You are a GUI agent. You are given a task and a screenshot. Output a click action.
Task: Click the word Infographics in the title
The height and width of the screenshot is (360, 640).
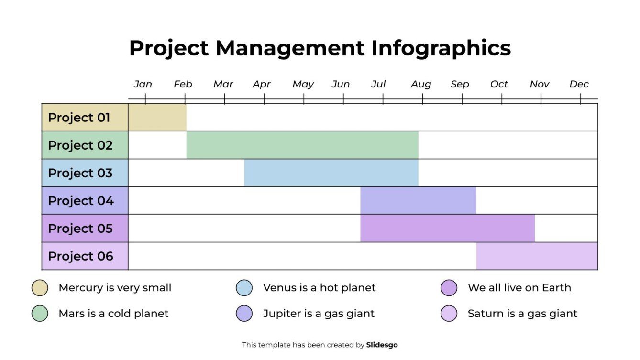click(441, 48)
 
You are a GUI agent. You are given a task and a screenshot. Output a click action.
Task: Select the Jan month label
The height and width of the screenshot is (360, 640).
click(143, 84)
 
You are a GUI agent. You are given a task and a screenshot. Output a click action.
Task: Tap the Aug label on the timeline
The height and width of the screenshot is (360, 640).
click(421, 84)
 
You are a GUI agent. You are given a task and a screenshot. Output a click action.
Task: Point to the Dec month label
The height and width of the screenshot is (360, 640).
click(579, 84)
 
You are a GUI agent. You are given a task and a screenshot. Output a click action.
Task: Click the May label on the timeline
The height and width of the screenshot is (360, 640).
click(303, 84)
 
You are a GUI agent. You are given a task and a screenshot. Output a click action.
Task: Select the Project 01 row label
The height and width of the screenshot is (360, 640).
click(79, 118)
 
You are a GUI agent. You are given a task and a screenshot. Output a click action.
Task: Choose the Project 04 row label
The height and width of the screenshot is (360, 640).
click(81, 201)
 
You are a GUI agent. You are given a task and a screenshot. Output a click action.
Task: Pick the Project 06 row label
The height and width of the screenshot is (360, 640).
click(81, 256)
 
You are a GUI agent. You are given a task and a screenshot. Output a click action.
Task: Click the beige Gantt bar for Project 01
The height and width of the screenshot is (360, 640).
click(157, 118)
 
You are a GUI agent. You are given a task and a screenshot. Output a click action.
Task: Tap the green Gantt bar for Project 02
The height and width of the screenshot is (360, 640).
click(302, 145)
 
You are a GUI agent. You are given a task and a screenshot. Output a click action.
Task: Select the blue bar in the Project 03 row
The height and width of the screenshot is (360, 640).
click(331, 173)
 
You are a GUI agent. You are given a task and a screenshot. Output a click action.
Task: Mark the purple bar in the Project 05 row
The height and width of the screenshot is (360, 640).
click(447, 229)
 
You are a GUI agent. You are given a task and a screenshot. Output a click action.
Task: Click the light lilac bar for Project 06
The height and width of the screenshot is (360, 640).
click(537, 256)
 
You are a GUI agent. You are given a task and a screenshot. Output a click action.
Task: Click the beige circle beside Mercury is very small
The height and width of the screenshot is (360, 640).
click(40, 288)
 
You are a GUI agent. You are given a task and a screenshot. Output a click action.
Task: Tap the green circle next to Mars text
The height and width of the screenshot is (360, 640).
click(40, 314)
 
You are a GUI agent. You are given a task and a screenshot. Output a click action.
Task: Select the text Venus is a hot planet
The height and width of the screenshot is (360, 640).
click(319, 288)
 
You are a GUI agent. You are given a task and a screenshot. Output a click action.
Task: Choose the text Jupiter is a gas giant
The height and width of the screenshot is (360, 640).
click(319, 314)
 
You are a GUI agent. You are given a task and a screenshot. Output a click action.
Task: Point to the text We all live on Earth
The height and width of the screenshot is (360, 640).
click(519, 288)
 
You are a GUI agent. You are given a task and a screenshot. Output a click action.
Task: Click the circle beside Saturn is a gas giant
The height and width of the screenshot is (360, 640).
click(449, 314)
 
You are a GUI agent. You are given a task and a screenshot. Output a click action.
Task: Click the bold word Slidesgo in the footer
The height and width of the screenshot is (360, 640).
click(382, 345)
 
